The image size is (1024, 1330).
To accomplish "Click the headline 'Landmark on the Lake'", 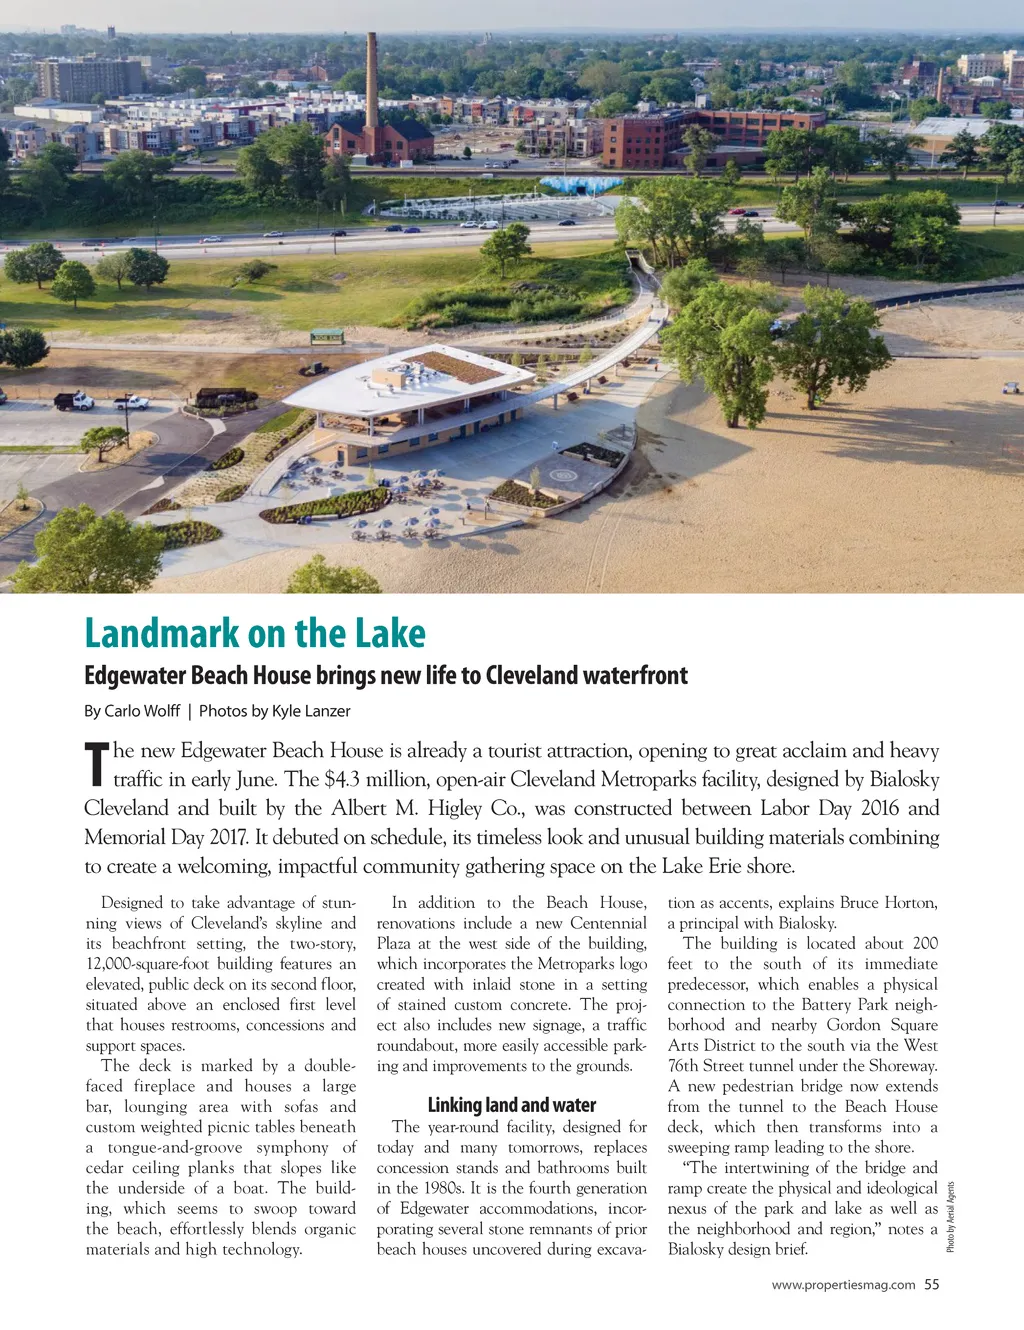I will pos(255,633).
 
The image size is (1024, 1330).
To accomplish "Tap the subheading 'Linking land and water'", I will pos(511,1105).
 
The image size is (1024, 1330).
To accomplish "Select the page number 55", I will pos(932,1285).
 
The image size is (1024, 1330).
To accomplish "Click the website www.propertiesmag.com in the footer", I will pos(843,1285).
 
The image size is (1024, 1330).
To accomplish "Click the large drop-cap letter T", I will pos(96,764).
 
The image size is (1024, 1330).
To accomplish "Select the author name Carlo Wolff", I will pos(142,711).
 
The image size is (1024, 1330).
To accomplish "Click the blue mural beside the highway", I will pos(581,185).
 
